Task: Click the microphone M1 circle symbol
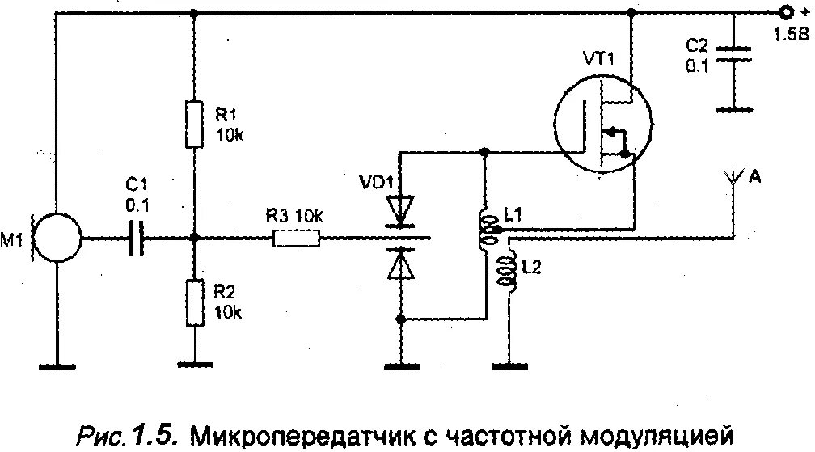[x=57, y=238]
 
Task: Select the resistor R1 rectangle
[x=194, y=125]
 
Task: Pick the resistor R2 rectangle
[x=194, y=302]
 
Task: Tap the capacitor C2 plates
[x=734, y=53]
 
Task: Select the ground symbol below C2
[x=734, y=108]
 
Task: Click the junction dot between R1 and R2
[x=194, y=238]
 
